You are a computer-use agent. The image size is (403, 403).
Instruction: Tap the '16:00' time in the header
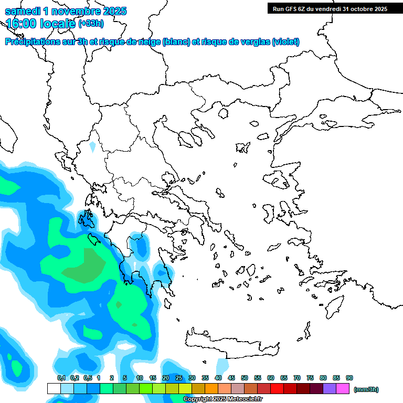tap(23, 24)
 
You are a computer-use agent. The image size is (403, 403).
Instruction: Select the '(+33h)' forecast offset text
tap(91, 24)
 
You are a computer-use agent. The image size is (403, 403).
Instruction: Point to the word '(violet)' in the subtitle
tap(285, 42)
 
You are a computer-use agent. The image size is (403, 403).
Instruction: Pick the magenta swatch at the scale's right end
tap(343, 389)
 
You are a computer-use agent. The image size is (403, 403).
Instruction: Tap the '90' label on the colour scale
tap(349, 378)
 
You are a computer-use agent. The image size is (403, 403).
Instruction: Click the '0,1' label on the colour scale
tap(61, 378)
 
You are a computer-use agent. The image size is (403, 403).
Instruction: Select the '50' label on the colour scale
tap(245, 378)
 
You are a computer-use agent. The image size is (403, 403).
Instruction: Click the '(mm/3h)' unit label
tap(366, 389)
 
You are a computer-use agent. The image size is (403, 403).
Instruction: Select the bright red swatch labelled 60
tap(277, 389)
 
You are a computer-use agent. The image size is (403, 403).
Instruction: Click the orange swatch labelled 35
tap(211, 389)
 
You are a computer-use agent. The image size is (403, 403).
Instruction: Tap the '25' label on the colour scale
tap(179, 378)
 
